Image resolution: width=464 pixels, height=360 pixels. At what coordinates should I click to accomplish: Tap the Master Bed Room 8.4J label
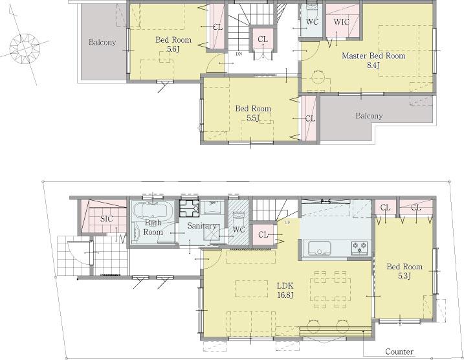pyautogui.click(x=374, y=60)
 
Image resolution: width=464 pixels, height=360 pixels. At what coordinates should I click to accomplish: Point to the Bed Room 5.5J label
pyautogui.click(x=252, y=113)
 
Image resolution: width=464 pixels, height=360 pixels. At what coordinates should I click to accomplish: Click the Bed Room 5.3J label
pyautogui.click(x=404, y=271)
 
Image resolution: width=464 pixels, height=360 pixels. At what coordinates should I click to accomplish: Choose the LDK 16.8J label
pyautogui.click(x=285, y=290)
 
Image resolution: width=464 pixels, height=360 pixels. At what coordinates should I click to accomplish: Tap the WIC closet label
pyautogui.click(x=341, y=22)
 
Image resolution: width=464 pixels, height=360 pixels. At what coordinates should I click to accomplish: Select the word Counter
pyautogui.click(x=399, y=352)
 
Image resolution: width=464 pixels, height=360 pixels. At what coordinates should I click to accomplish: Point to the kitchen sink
pyautogui.click(x=320, y=248)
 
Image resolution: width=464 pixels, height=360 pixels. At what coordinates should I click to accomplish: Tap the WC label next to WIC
pyautogui.click(x=311, y=22)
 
